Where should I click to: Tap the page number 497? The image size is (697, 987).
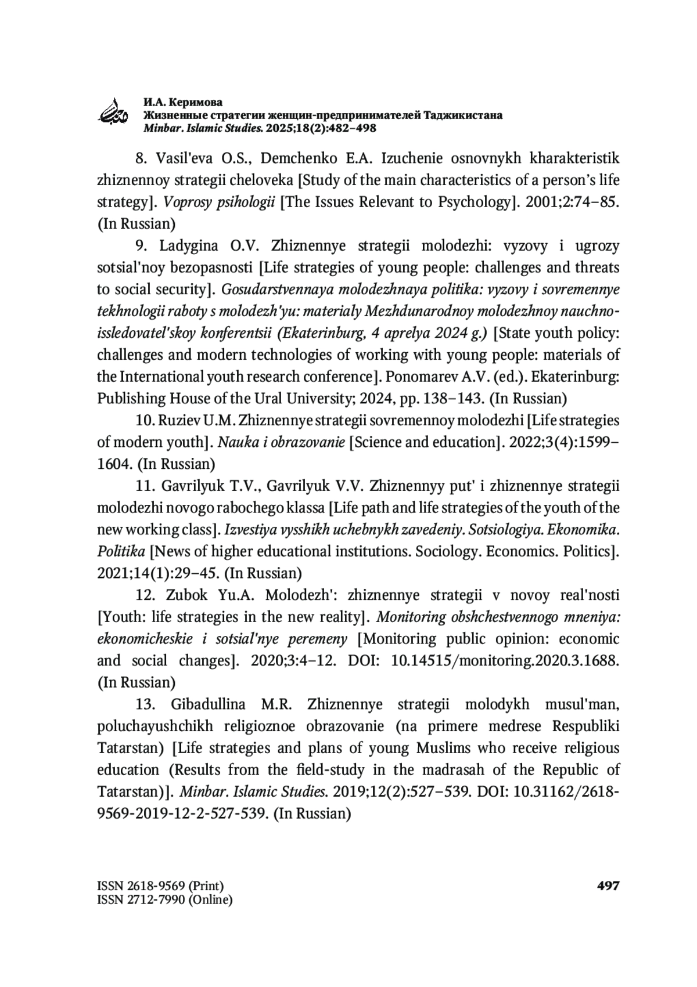[x=608, y=886]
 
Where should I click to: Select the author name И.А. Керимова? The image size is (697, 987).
[x=183, y=102]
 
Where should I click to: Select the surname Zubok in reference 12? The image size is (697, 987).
[x=186, y=595]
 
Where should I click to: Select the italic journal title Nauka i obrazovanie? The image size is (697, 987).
[x=281, y=442]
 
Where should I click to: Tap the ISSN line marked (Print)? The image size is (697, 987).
[x=160, y=886]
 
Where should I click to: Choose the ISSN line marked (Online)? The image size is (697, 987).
[x=164, y=900]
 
